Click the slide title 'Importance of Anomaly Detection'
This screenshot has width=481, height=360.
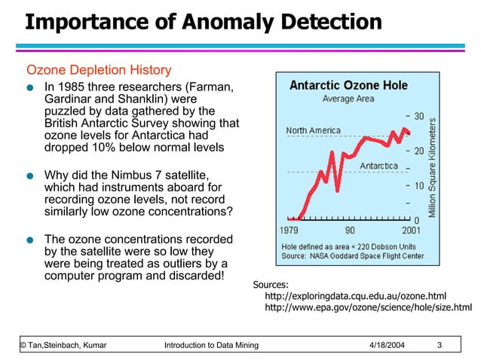[203, 22]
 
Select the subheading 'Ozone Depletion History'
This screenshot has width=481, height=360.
[99, 71]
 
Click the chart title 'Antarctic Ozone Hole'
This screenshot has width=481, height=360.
[348, 85]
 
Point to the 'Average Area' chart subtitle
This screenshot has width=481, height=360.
[348, 99]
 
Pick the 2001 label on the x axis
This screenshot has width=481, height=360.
[410, 230]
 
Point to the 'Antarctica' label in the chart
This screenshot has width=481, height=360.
[379, 166]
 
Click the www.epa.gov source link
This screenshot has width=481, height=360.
[368, 307]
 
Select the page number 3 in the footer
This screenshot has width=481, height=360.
[440, 345]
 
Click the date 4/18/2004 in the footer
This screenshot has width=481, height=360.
[388, 345]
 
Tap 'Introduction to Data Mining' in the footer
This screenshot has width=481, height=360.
[211, 345]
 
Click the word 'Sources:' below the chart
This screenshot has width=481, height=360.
[271, 285]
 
